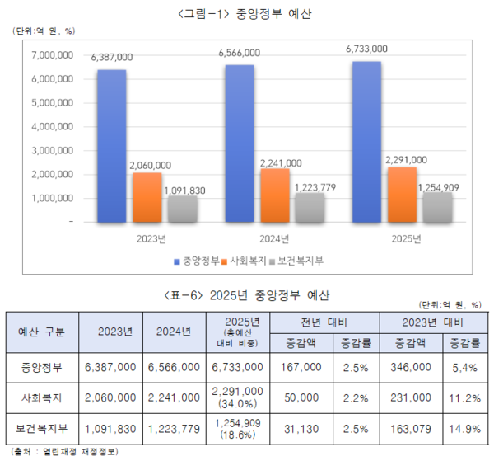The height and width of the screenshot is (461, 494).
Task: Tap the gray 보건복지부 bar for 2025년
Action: (438, 208)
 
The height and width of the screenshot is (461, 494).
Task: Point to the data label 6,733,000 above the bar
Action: (367, 49)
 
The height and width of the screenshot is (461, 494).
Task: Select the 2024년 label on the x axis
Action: (275, 238)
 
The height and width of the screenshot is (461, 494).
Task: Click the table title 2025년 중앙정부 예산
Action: (246, 294)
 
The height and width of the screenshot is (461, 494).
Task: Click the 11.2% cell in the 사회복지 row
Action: (464, 397)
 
